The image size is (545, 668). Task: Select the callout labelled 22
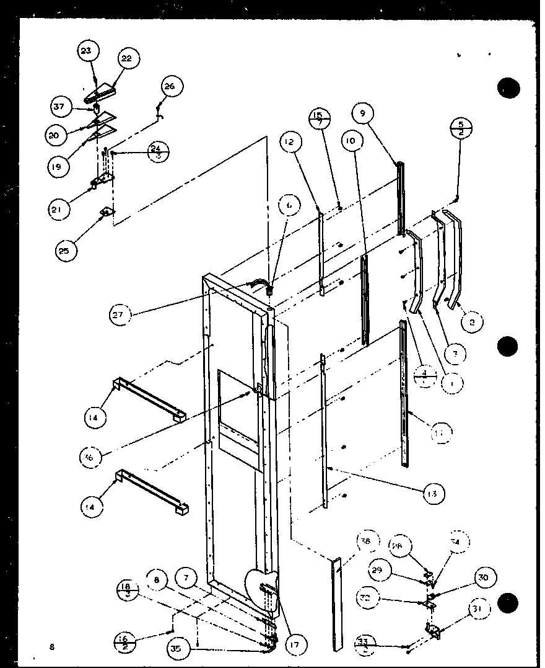click(x=126, y=59)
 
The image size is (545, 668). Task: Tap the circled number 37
click(x=59, y=107)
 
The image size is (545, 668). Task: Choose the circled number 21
click(x=58, y=210)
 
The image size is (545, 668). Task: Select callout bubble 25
click(x=64, y=250)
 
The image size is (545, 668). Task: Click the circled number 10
click(x=352, y=141)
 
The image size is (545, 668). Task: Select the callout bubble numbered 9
click(x=363, y=114)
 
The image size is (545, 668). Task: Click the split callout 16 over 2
click(x=126, y=638)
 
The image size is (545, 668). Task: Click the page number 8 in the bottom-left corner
click(x=53, y=648)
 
